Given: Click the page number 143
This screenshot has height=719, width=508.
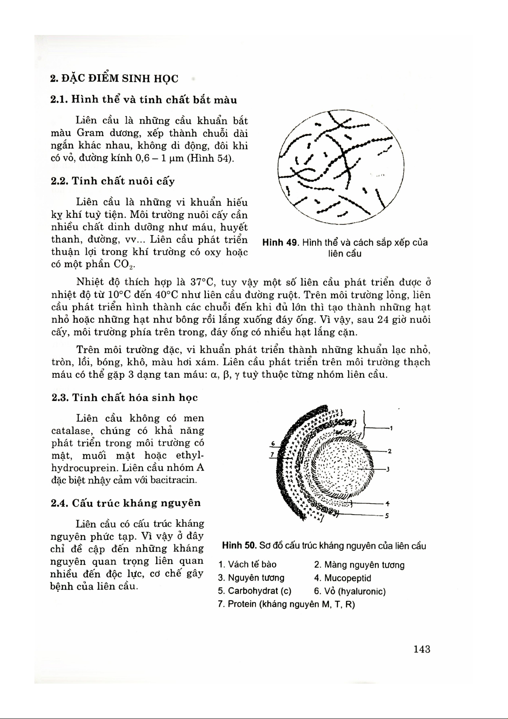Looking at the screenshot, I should click(x=421, y=649).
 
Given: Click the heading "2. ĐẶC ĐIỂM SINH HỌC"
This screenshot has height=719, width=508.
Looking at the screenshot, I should click(x=114, y=79).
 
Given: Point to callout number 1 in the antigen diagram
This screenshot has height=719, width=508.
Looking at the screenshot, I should click(x=391, y=428).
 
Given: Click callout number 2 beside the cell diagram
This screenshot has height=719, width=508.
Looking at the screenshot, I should click(x=389, y=451).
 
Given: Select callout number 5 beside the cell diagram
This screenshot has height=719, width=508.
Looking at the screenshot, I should click(x=387, y=515).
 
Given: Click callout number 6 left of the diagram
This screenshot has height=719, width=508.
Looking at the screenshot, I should click(x=273, y=443).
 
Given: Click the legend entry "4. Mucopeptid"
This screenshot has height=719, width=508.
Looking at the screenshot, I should click(x=343, y=578).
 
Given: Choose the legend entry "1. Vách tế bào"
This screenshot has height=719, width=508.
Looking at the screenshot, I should click(x=247, y=565).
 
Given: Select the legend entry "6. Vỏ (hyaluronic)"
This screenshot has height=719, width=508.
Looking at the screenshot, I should click(x=350, y=591).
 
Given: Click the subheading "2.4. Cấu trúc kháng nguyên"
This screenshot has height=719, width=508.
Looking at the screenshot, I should click(x=126, y=503).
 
